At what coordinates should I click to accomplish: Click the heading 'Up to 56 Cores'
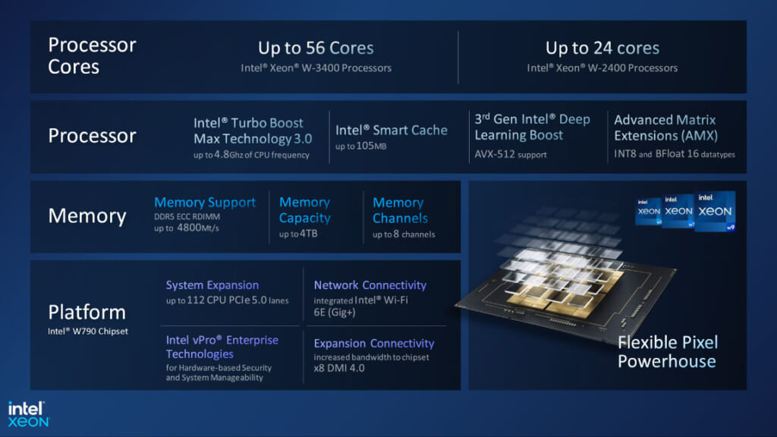(x=316, y=49)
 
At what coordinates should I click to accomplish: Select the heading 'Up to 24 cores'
(x=602, y=49)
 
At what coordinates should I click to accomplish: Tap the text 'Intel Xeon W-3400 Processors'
(x=316, y=68)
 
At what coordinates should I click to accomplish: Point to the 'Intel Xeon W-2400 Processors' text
(x=602, y=68)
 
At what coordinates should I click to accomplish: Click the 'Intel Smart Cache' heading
(x=392, y=130)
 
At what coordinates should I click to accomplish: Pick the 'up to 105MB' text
(x=361, y=146)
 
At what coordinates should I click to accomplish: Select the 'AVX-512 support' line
(x=511, y=155)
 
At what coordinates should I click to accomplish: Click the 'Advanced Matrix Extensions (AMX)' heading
(x=665, y=127)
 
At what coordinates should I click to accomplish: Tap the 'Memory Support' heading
(x=205, y=203)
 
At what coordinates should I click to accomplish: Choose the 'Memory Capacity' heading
(x=305, y=210)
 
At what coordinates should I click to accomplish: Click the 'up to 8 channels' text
(x=404, y=234)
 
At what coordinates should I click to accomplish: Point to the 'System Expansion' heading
(x=212, y=285)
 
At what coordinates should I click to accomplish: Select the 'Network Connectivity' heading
(x=370, y=285)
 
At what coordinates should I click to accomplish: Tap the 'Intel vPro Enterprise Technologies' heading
(x=222, y=347)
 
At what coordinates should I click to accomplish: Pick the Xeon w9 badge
(x=715, y=211)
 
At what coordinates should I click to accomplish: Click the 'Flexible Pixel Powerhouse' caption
(x=667, y=351)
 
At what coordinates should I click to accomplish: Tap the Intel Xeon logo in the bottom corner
(x=29, y=413)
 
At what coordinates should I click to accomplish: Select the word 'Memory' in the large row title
(x=87, y=216)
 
